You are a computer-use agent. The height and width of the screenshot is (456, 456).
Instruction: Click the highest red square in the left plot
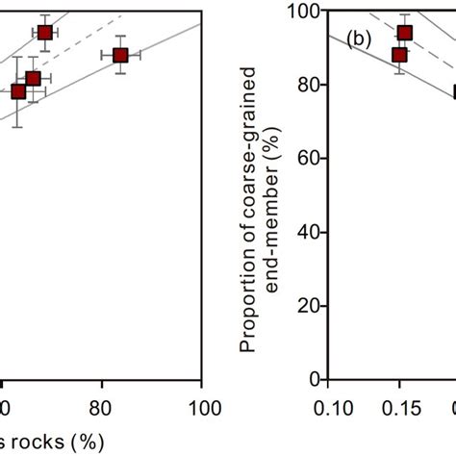pos(45,33)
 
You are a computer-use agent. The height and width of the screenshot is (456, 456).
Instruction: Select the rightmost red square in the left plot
pos(120,56)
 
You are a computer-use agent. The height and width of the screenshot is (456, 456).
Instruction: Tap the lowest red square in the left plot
pos(17,91)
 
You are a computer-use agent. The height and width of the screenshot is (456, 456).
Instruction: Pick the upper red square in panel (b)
pos(405,33)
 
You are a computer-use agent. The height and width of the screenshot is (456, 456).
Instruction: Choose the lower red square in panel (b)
pos(399,55)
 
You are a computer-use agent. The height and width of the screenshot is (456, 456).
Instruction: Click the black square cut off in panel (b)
pos(453,92)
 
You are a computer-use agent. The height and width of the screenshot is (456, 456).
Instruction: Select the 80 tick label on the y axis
pos(310,85)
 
